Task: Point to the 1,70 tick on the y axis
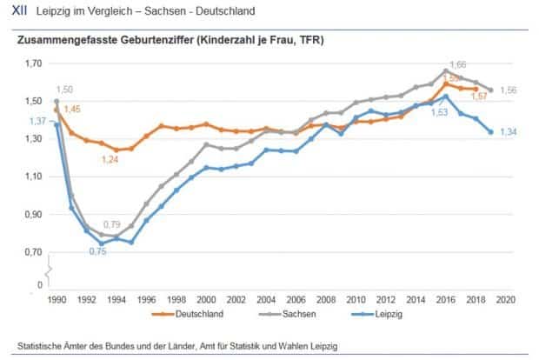(x=34, y=63)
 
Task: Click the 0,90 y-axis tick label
(x=34, y=215)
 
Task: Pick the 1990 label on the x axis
(x=57, y=299)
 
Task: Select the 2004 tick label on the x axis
(x=269, y=299)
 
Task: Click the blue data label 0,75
(x=96, y=253)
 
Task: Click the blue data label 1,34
(x=509, y=132)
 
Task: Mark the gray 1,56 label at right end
(x=509, y=90)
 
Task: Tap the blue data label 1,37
(x=37, y=121)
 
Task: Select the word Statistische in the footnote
(x=43, y=343)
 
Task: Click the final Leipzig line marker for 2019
(x=491, y=132)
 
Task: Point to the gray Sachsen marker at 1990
(x=57, y=101)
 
